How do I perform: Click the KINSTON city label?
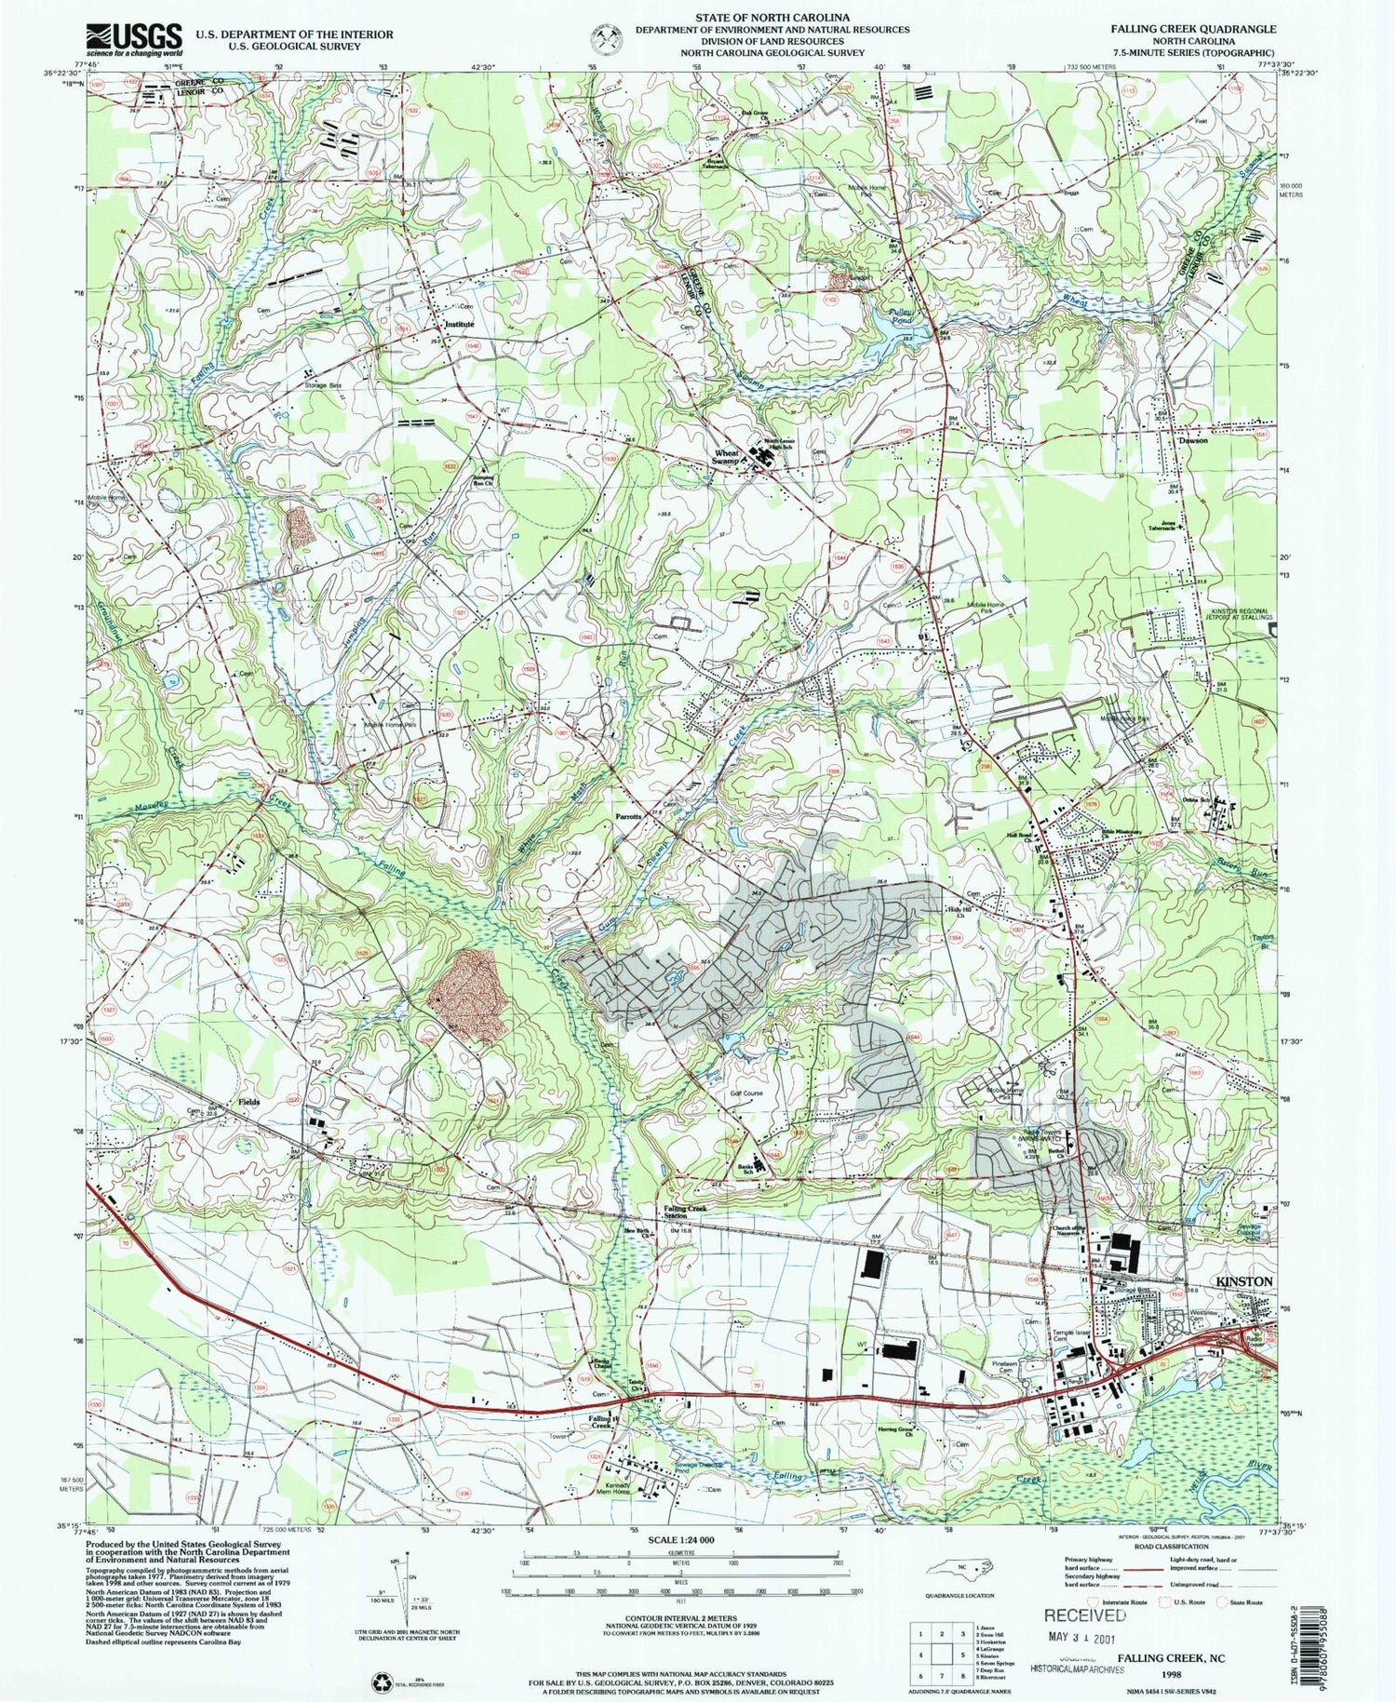pyautogui.click(x=1244, y=1281)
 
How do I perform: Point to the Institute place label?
pyautogui.click(x=459, y=325)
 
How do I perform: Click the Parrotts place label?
pyautogui.click(x=629, y=816)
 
